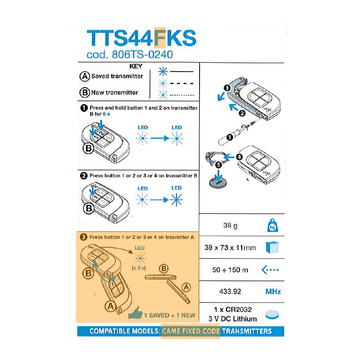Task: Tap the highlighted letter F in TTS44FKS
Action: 160,38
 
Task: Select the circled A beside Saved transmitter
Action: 84,76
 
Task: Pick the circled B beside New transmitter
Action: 84,92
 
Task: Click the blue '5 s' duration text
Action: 106,114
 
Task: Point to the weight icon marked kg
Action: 272,225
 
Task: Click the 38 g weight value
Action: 230,225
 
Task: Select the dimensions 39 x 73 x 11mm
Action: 230,248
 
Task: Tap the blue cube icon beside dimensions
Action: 272,247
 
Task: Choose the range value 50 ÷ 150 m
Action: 230,270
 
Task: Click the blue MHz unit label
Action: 273,292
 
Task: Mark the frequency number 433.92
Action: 230,292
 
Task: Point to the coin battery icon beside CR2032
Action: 272,315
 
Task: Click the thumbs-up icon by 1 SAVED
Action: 136,313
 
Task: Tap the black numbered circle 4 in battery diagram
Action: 239,157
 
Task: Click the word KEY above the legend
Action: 136,66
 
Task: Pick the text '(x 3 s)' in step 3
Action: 139,268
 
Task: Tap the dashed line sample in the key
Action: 182,84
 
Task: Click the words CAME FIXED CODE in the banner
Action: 191,331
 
